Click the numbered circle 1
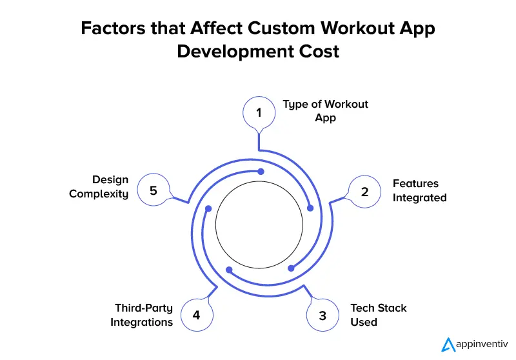[x=259, y=113]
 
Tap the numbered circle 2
[x=364, y=191]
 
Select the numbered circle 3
[x=322, y=315]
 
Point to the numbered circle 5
[x=154, y=191]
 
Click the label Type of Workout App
[x=325, y=111]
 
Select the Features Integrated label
[x=419, y=191]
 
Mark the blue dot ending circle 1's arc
[x=310, y=208]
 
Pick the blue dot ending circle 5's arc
[x=261, y=172]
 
